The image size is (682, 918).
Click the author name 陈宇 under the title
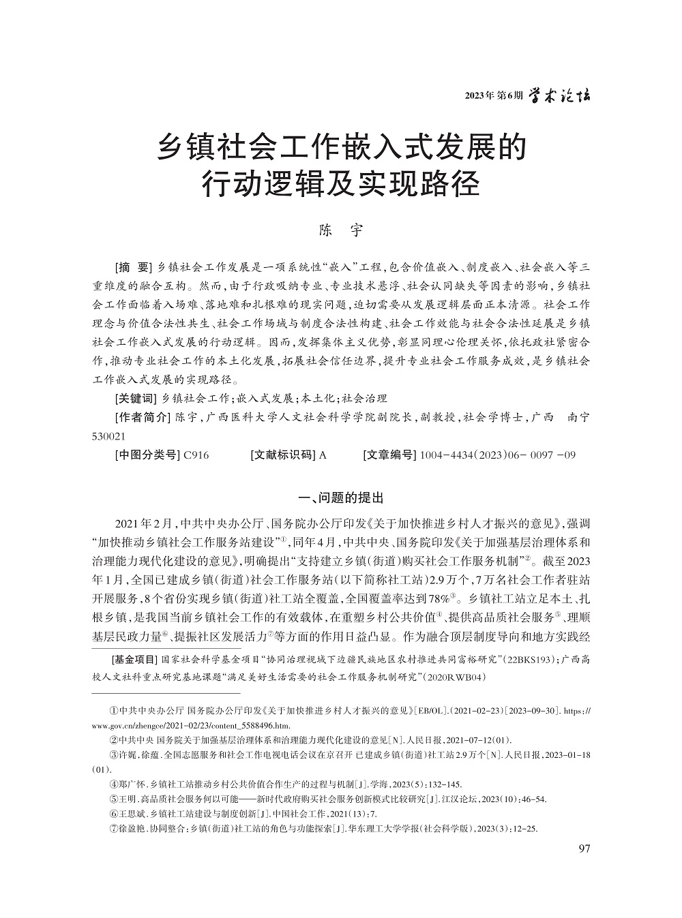pos(341,230)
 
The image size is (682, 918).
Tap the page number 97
pos(583,848)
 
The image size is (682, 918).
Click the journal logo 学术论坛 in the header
pos(561,95)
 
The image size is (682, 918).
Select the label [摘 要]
pos(134,265)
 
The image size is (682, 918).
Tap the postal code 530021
pos(108,435)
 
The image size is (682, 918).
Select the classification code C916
pos(196,455)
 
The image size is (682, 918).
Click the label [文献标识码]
pos(282,455)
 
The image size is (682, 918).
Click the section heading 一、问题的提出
pos(341,498)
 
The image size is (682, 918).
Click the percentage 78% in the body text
pos(437,599)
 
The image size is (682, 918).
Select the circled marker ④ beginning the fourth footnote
pos(114,784)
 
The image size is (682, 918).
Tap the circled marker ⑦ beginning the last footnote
pos(114,829)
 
